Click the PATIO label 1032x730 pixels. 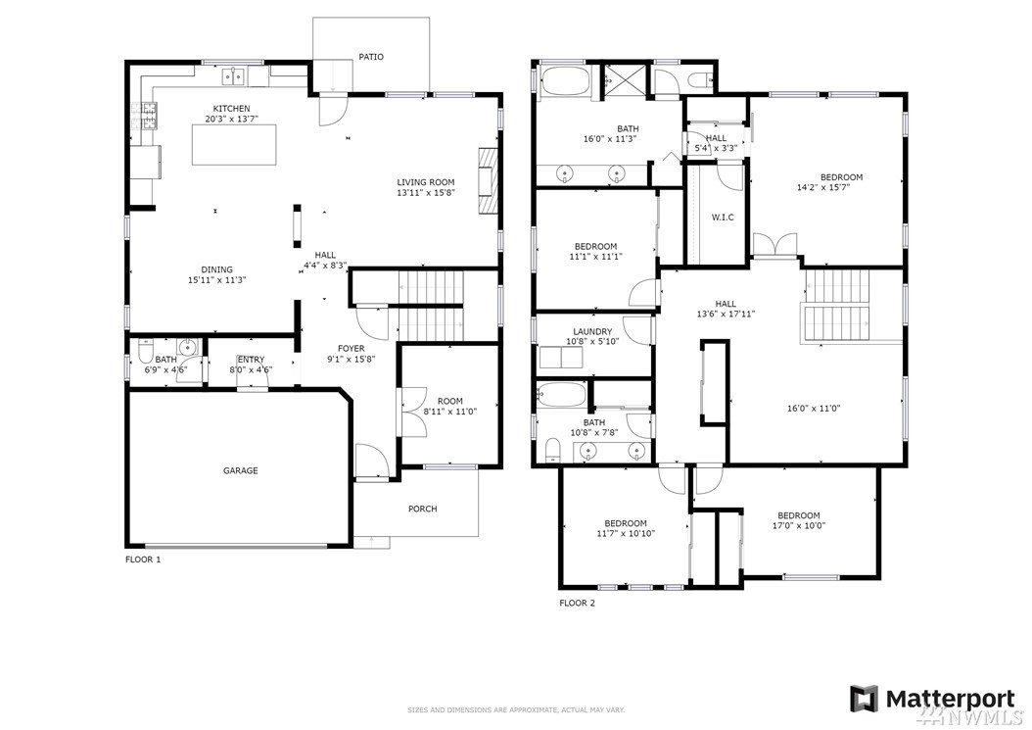(x=370, y=57)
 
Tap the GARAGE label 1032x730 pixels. (x=240, y=470)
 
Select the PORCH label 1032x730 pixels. (x=423, y=509)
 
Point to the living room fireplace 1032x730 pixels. (x=487, y=181)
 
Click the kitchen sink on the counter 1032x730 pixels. (x=233, y=77)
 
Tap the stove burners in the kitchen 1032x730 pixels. (x=150, y=116)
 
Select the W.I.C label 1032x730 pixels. (x=723, y=218)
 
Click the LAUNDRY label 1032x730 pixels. (x=592, y=331)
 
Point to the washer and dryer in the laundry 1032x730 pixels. (x=560, y=358)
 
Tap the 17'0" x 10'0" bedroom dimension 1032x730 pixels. (x=799, y=526)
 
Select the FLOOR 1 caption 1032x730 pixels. (x=143, y=560)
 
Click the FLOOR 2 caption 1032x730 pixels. (x=578, y=603)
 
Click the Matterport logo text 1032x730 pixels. (x=950, y=698)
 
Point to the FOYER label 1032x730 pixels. (x=351, y=349)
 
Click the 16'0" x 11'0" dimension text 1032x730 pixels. (x=814, y=409)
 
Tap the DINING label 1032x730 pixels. (x=216, y=269)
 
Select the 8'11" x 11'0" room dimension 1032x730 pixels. (x=450, y=412)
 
